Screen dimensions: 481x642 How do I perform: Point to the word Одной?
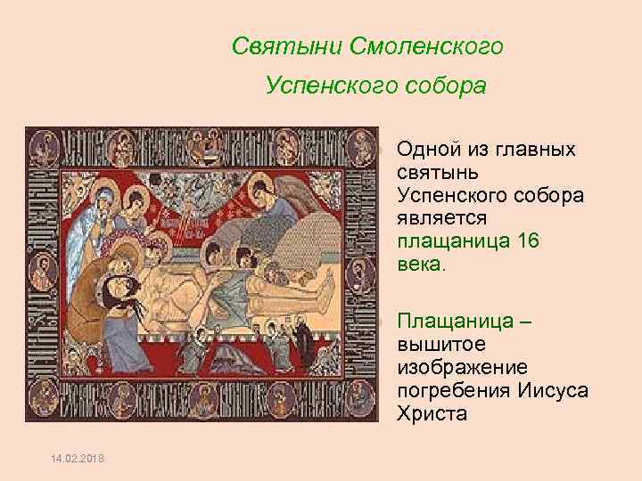pyautogui.click(x=431, y=149)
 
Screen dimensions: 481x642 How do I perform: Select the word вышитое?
pyautogui.click(x=438, y=344)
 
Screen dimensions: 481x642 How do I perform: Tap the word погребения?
pyautogui.click(x=452, y=390)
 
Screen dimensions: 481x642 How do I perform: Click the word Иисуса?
pyautogui.click(x=550, y=390)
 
